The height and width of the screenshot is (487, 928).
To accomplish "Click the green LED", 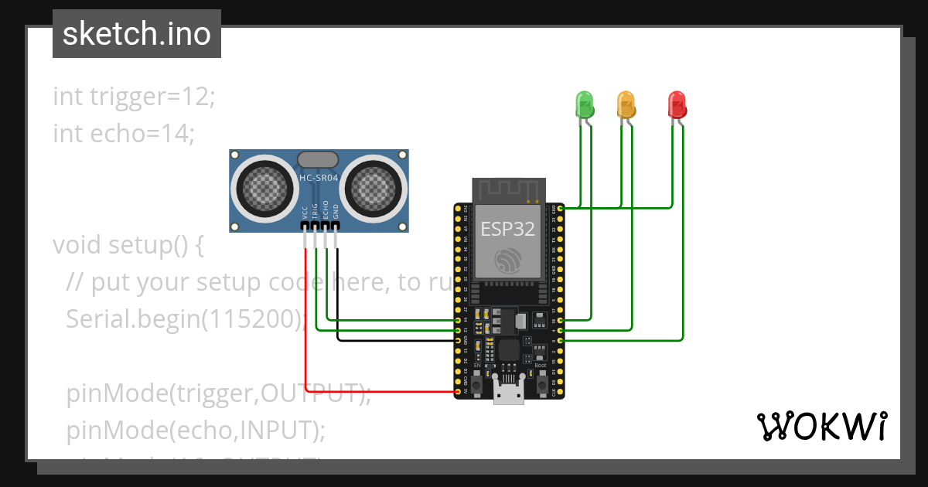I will [x=584, y=103].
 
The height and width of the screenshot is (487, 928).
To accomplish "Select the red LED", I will [x=677, y=103].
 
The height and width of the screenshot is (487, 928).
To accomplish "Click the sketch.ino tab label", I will [x=136, y=34].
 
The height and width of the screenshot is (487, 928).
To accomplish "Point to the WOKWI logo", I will [x=821, y=426].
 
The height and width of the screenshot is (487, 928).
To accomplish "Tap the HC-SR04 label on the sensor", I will [x=319, y=179].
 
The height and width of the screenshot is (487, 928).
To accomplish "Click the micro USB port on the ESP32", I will [x=508, y=394].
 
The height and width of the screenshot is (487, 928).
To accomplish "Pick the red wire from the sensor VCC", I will [x=307, y=325].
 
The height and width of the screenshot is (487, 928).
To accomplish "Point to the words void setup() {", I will [x=128, y=245].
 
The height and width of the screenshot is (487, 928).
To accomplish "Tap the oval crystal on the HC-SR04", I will [x=318, y=159].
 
